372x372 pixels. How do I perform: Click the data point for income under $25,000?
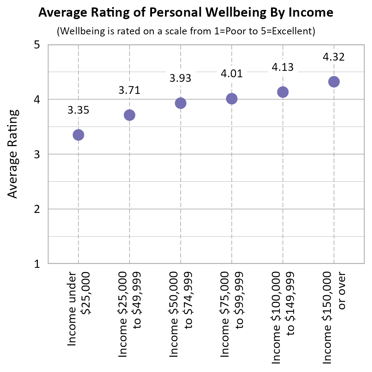point(78,135)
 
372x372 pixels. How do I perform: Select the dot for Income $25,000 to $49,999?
point(129,115)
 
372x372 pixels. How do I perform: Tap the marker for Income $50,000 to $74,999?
point(180,103)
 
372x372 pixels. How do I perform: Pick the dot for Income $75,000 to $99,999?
point(231,99)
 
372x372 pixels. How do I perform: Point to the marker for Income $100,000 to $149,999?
point(283,92)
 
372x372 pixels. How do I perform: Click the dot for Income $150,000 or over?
point(334,82)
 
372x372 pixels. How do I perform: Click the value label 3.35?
point(78,110)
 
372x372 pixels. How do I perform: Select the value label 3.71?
point(129,90)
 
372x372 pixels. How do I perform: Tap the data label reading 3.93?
point(180,78)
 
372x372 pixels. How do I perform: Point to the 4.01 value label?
point(231,74)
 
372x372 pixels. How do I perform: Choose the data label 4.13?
point(283,67)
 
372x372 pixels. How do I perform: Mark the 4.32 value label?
point(334,57)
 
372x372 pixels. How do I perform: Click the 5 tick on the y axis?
point(36,45)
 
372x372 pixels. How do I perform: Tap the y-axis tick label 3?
point(36,155)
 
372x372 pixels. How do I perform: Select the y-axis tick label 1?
point(36,264)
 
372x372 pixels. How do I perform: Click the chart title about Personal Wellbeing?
point(186,12)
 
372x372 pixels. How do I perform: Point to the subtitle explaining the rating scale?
point(186,31)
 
